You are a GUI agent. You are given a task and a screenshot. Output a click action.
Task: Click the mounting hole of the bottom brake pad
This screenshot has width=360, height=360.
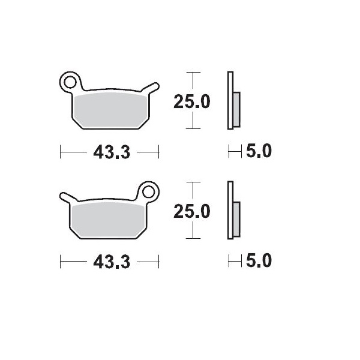148,191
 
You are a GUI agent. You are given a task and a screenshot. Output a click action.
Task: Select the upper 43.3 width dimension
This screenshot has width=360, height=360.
112,152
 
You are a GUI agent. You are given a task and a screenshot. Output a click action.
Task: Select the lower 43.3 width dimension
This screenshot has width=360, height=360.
112,262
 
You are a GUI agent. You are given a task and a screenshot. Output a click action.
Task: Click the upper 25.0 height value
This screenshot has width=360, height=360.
191,102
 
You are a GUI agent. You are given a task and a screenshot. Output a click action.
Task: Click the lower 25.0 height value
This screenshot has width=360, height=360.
191,212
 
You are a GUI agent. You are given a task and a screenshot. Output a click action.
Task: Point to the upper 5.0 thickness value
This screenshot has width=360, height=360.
259,152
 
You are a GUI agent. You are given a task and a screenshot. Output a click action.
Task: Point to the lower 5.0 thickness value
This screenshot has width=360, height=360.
259,261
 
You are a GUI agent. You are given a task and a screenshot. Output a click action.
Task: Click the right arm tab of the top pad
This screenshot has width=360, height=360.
152,88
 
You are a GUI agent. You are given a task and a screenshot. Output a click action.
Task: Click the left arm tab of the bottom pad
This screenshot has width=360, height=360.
67,197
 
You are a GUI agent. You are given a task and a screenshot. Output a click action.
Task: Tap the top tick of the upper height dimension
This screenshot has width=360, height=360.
191,73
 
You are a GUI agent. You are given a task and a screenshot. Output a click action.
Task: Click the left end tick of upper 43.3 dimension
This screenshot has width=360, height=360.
61,152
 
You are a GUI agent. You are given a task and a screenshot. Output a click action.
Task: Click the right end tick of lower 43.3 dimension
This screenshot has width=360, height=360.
159,262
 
